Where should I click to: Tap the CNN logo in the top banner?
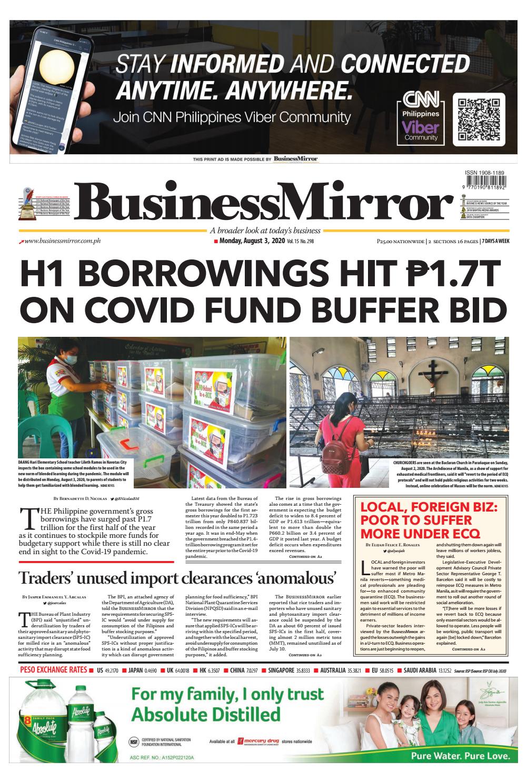pos(421,100)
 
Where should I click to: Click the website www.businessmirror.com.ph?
pos(62,241)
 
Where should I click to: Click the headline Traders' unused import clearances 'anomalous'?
pos(177,578)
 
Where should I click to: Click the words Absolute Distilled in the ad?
pos(206,715)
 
